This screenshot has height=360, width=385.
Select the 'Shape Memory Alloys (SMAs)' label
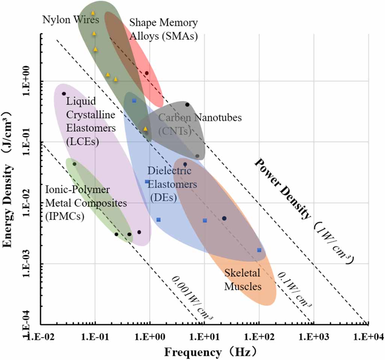[163, 29]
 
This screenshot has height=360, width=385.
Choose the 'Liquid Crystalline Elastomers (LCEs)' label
[91, 121]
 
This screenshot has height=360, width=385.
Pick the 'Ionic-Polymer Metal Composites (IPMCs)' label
[86, 203]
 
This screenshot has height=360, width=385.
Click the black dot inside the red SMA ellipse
[147, 73]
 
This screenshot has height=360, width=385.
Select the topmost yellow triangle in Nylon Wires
[93, 13]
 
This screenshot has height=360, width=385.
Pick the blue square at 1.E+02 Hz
[259, 250]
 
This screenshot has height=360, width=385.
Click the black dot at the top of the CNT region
[187, 104]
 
